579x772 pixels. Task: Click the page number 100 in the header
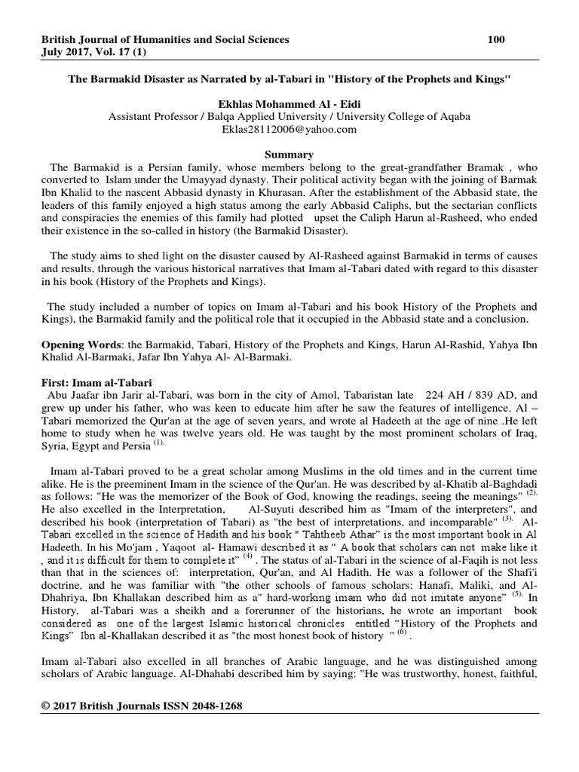pyautogui.click(x=496, y=39)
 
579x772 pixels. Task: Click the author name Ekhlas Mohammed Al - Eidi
pyautogui.click(x=289, y=103)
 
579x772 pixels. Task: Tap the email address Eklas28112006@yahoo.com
pyautogui.click(x=289, y=130)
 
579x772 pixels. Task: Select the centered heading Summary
pyautogui.click(x=289, y=154)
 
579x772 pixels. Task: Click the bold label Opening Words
pyautogui.click(x=76, y=344)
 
